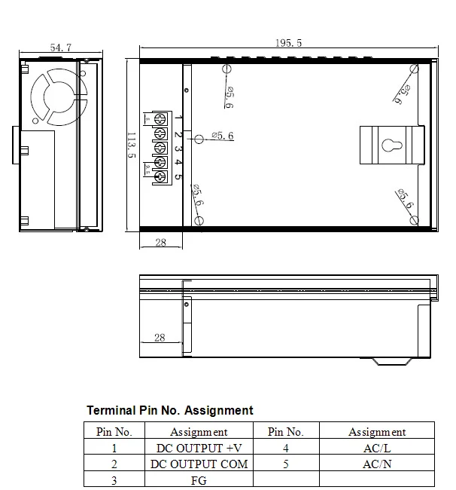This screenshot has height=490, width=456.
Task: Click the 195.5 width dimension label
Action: tap(288, 43)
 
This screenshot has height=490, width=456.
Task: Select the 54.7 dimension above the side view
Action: tap(61, 47)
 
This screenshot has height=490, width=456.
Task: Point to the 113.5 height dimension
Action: tap(132, 145)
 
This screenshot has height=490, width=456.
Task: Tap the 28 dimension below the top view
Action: tap(160, 242)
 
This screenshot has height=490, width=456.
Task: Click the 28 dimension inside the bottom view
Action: tap(160, 338)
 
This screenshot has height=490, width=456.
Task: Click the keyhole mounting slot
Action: tap(392, 145)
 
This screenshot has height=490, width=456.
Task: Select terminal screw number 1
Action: tap(160, 119)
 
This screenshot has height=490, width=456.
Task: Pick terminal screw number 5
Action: tap(160, 177)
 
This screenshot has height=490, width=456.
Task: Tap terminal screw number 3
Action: tap(160, 148)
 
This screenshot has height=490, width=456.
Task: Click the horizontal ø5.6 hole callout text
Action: tap(223, 136)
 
